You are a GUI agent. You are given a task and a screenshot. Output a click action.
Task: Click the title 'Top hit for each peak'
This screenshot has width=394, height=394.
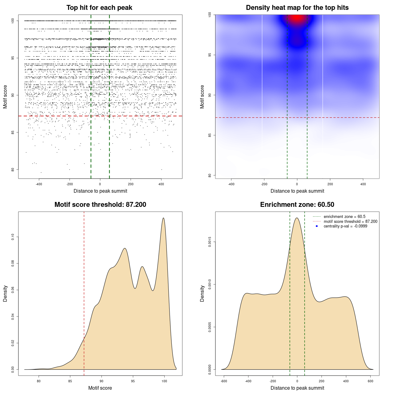(99, 8)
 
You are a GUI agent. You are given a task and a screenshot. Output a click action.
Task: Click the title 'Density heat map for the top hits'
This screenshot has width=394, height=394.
(297, 8)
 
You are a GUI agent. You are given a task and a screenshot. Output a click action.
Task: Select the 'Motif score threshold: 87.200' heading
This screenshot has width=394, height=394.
(100, 205)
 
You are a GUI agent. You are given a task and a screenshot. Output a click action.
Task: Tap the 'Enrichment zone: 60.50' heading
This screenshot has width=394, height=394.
(297, 205)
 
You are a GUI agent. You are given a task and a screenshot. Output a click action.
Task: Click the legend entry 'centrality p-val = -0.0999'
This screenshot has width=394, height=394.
(345, 226)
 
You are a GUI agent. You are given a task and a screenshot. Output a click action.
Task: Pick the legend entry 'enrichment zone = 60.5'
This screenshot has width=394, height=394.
(344, 217)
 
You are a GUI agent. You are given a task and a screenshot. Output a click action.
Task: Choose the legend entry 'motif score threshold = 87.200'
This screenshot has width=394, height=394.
(350, 221)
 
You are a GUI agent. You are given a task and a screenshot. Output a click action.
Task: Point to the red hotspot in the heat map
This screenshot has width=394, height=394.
(297, 18)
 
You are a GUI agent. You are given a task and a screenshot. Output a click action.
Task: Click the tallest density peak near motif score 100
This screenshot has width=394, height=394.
(163, 218)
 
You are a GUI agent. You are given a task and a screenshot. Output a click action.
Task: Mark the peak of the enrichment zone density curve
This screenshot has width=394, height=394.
(297, 218)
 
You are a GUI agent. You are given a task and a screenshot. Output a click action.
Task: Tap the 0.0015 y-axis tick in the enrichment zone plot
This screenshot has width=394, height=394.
(210, 242)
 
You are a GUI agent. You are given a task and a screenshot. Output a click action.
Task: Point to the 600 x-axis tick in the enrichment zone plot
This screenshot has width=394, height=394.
(370, 381)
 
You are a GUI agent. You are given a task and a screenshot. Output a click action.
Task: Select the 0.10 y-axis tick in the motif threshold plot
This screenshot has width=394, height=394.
(13, 237)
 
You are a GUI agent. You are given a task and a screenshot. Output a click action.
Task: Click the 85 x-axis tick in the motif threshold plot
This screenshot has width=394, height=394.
(70, 381)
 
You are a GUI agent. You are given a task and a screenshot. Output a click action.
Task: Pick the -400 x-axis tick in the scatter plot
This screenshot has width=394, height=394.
(39, 184)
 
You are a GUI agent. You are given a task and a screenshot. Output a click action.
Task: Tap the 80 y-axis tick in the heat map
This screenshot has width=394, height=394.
(210, 175)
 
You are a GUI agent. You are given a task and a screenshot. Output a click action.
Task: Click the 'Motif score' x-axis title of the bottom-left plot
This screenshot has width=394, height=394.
(100, 388)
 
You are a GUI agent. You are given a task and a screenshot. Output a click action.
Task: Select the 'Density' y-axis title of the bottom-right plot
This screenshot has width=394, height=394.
(202, 293)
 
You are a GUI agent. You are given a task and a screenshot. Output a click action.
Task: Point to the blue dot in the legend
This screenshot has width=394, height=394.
(317, 226)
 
